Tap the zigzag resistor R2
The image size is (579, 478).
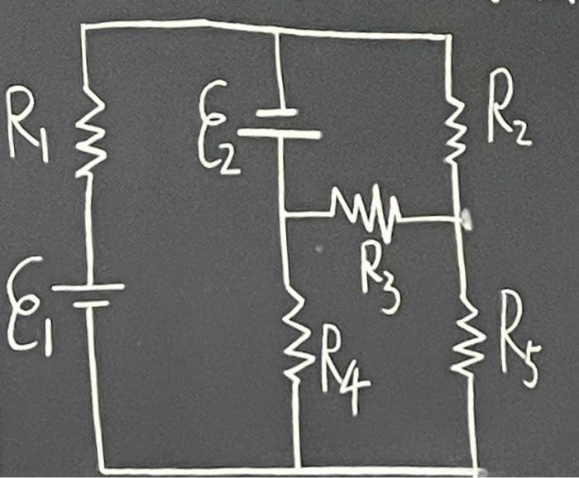[453, 124]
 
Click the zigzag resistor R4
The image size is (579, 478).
[294, 335]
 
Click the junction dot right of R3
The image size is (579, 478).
[466, 219]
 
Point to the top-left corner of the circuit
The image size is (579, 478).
[84, 25]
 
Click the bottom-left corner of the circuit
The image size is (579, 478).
[100, 468]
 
